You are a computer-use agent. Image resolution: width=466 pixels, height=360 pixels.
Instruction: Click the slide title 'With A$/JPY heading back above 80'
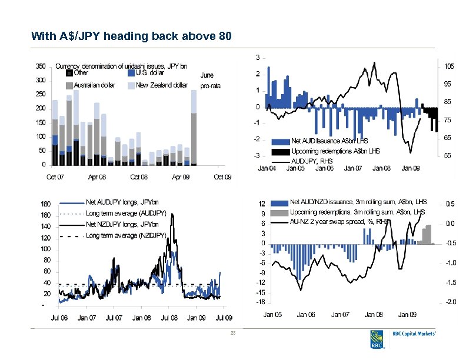132,37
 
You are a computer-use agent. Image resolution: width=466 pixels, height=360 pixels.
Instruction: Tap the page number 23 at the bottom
233,334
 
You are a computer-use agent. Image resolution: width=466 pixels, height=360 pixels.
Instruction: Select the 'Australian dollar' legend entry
94,85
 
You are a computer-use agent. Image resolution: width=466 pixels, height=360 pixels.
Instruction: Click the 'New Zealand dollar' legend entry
161,85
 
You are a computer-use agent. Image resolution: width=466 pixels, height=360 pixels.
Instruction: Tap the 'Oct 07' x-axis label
56,176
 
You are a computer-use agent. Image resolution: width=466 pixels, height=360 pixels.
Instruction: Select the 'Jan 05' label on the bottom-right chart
271,315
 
